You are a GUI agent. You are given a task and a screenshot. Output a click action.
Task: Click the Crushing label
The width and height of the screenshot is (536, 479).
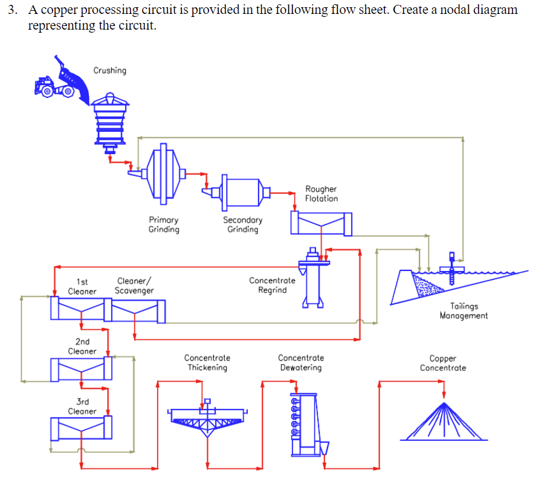pos(110,71)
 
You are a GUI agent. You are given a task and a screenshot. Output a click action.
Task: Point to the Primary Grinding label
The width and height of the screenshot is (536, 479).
pos(164,225)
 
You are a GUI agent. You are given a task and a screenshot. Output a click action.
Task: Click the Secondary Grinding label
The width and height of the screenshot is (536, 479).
pos(242,225)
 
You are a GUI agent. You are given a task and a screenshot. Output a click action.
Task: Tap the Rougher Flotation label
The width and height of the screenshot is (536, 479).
pos(321,194)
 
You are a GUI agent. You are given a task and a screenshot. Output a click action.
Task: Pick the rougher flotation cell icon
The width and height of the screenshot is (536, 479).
pos(321,223)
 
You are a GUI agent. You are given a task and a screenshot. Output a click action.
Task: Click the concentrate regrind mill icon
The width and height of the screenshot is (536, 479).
pos(312,279)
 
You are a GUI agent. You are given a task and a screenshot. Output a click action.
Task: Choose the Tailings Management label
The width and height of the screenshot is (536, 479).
pos(463,311)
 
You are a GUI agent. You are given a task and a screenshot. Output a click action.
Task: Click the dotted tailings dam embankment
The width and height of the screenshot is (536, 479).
pos(427,283)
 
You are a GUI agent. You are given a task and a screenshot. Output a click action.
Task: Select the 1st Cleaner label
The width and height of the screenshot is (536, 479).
pos(82,286)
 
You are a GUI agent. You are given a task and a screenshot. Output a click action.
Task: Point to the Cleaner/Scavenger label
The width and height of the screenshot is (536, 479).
pos(135,286)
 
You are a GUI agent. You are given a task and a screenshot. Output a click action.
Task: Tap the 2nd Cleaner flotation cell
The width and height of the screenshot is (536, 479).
pos(81,368)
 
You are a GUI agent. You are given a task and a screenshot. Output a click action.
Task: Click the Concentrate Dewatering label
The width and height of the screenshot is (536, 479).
pos(301,363)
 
